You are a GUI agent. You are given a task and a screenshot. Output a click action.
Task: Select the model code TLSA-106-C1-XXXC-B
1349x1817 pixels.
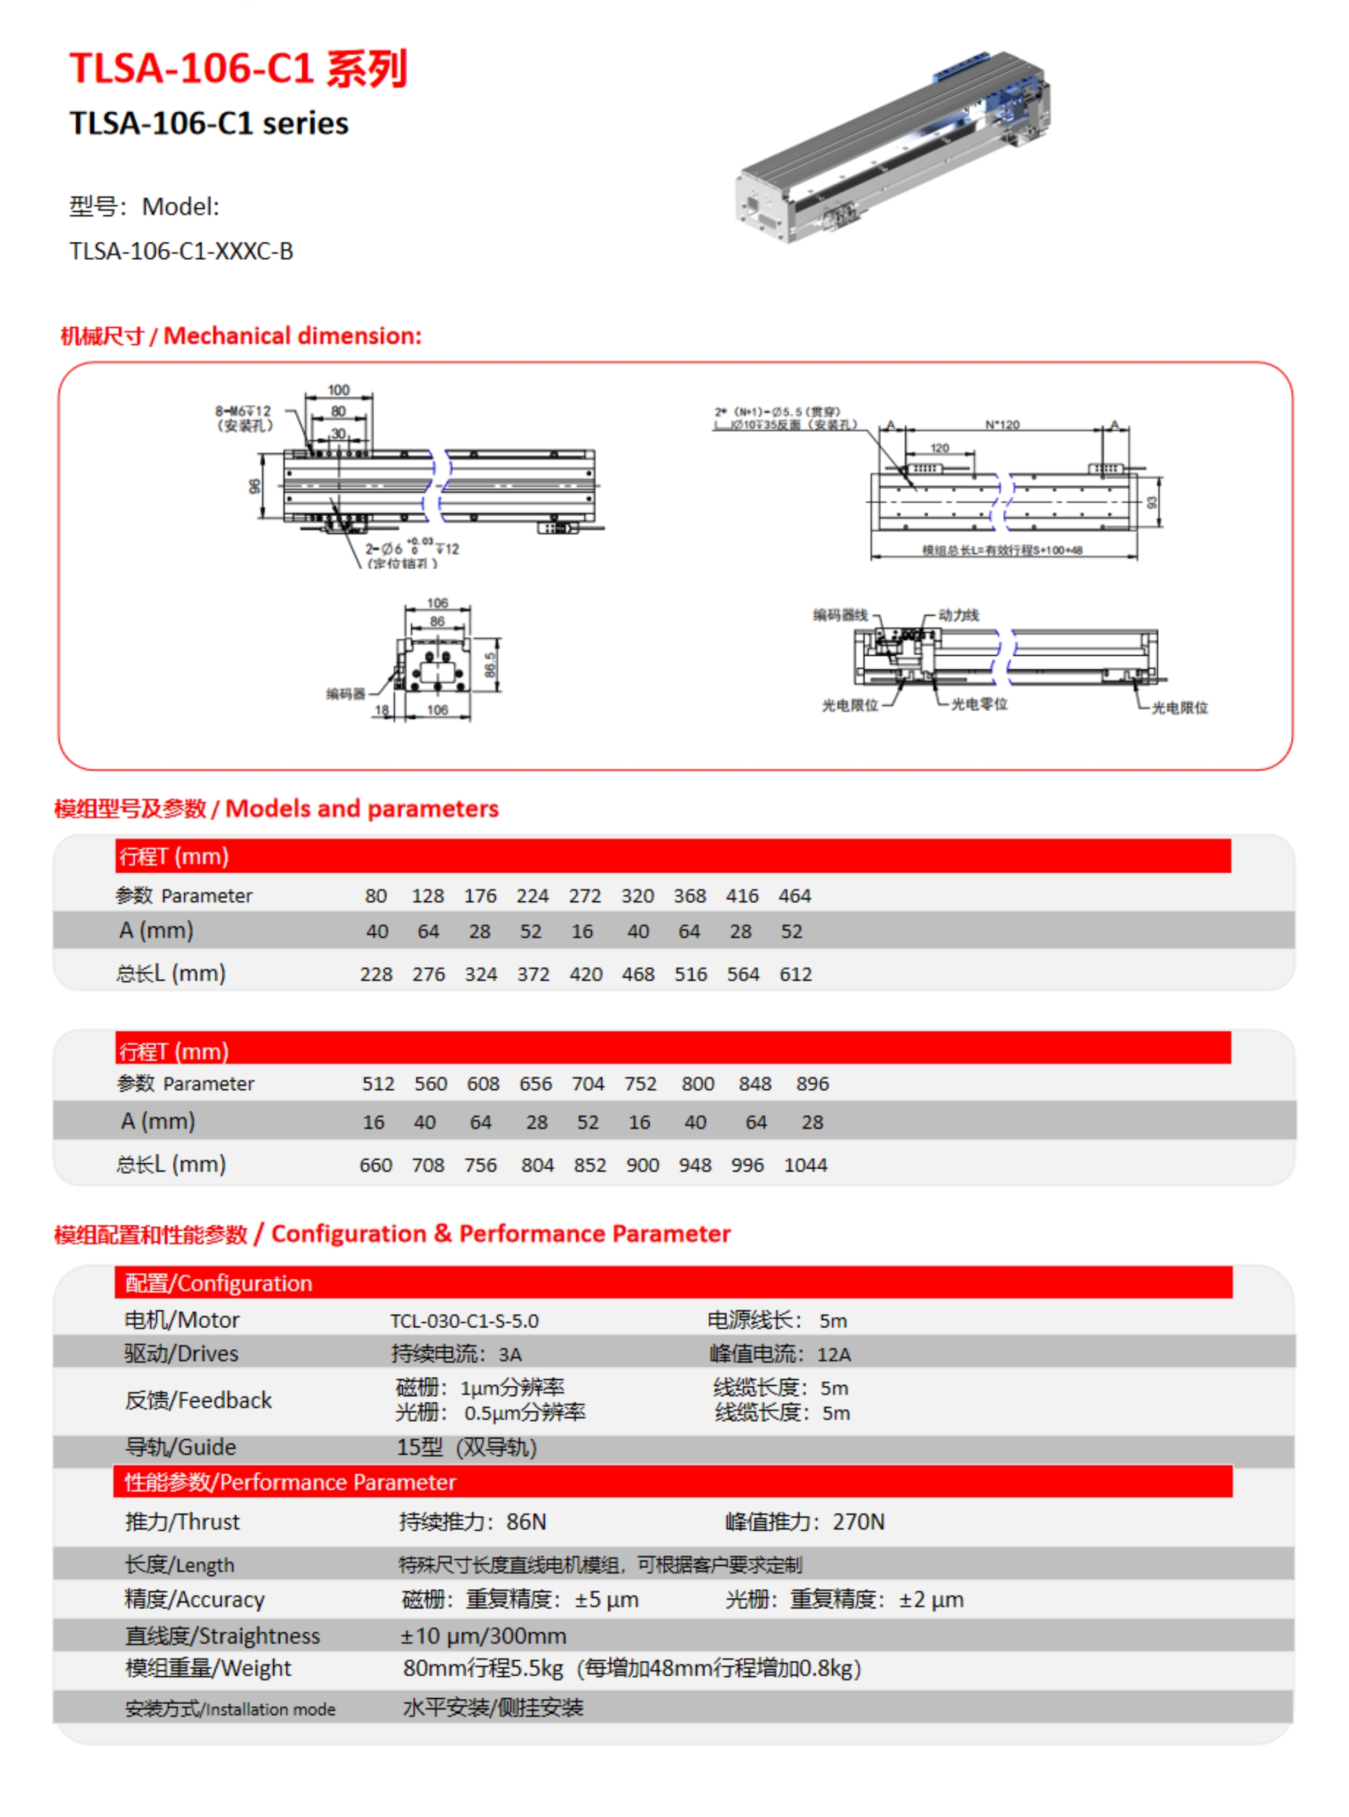(182, 251)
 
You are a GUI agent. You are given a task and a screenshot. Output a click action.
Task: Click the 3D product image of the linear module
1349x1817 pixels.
(894, 147)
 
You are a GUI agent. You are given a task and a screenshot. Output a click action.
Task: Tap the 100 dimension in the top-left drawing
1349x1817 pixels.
(338, 390)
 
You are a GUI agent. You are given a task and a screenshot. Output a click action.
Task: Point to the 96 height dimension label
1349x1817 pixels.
(255, 487)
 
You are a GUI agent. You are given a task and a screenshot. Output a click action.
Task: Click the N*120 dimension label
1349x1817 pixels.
(1002, 425)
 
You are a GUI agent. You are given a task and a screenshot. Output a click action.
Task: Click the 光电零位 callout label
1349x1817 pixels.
(979, 704)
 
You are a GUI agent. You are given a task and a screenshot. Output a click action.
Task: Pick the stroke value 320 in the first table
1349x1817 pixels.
(637, 896)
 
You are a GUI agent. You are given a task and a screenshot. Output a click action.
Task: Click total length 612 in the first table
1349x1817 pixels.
(795, 974)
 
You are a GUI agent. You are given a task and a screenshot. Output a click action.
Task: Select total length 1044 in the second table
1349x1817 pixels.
(805, 1166)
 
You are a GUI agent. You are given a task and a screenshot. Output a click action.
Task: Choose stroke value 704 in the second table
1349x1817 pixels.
(588, 1084)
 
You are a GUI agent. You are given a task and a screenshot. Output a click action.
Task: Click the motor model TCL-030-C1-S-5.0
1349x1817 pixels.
(464, 1321)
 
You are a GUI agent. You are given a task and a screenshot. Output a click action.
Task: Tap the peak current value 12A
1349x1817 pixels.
(834, 1354)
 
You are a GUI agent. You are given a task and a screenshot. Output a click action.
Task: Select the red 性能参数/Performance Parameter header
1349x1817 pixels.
(290, 1482)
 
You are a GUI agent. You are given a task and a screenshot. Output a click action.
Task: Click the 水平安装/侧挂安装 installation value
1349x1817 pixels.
(493, 1707)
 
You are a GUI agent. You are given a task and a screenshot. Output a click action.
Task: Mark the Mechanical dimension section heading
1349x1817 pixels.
(241, 336)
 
